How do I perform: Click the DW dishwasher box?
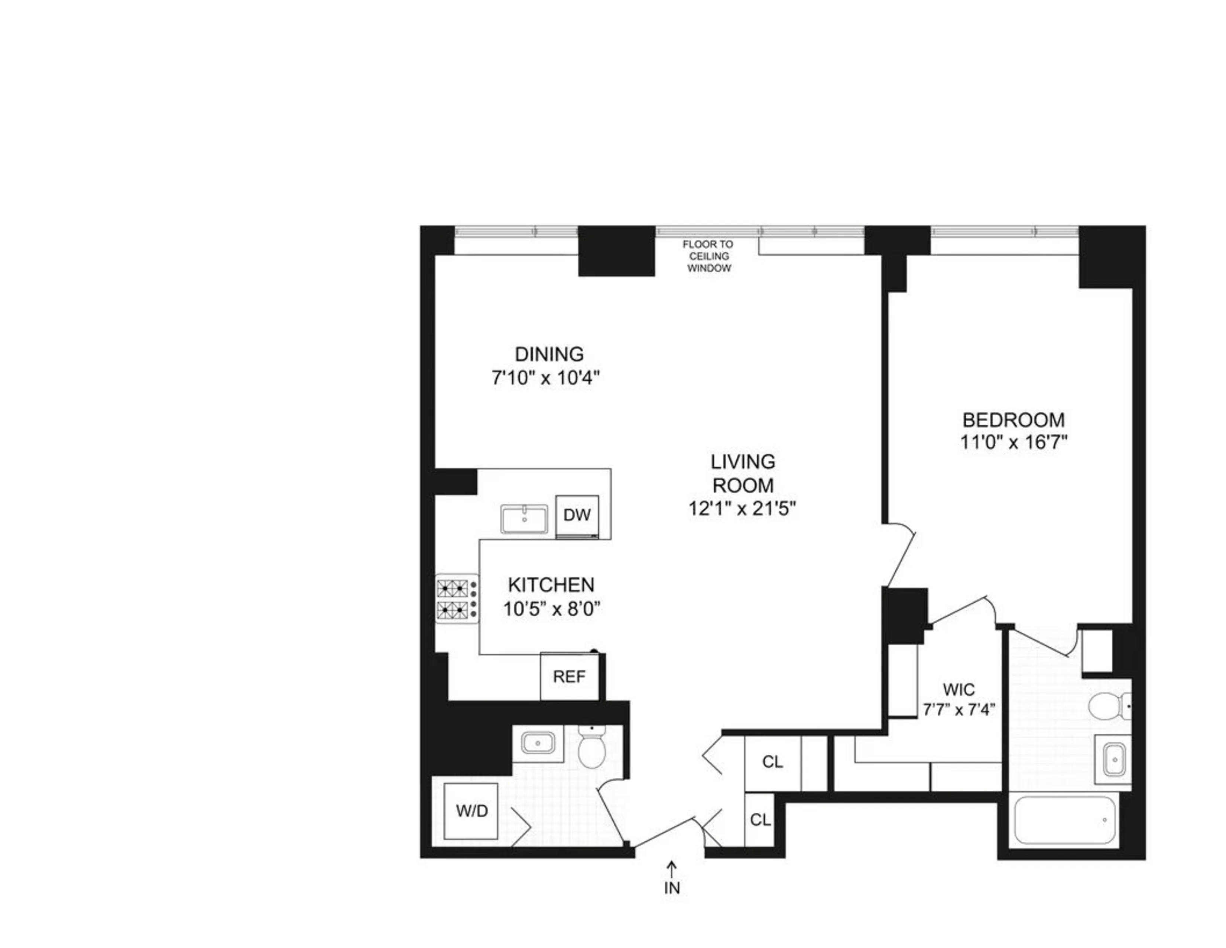tap(577, 515)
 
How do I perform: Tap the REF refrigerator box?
tap(569, 677)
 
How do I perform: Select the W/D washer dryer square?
tap(471, 811)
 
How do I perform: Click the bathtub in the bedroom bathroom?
tap(1065, 820)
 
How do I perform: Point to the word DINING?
tap(549, 354)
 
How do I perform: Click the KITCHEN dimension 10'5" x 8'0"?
tap(551, 609)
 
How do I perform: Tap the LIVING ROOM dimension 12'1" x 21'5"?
tap(742, 509)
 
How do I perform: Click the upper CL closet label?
tap(772, 762)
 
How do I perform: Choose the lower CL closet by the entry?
tap(760, 820)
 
